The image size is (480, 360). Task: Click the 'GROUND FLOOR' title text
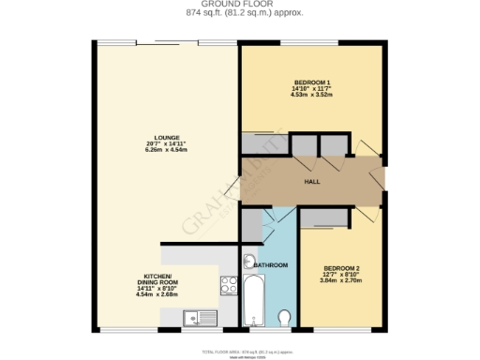[240, 4]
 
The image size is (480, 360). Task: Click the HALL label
[313, 182]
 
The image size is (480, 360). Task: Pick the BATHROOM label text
[270, 266]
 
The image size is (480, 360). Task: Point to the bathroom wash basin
[249, 262]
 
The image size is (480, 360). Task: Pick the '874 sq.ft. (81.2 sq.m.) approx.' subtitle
[240, 14]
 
